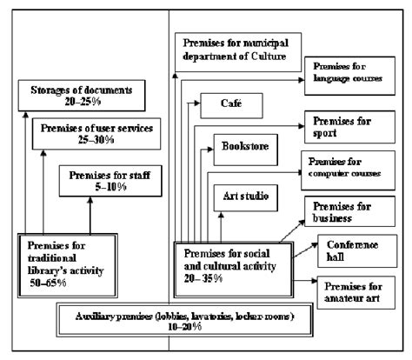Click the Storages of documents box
[x=76, y=97]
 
